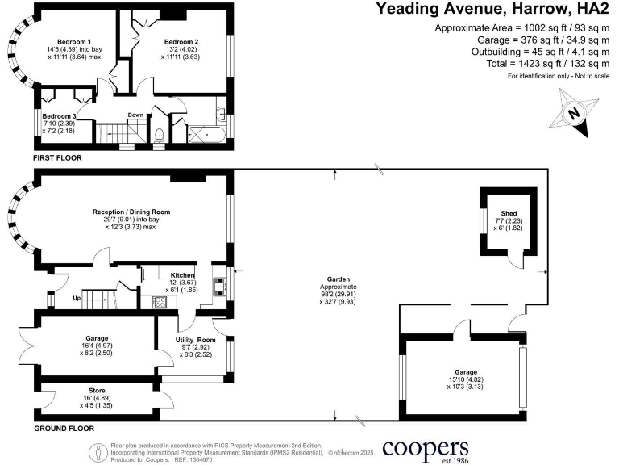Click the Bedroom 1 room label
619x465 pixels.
[x=73, y=41]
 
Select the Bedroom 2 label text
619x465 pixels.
[x=181, y=41]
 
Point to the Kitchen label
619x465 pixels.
[x=183, y=275]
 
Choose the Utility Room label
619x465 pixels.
[x=196, y=341]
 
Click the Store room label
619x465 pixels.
[x=98, y=390]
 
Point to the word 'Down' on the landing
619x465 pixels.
[x=135, y=115]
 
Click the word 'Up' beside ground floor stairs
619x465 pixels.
[x=77, y=298]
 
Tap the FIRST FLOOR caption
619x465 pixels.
[x=59, y=158]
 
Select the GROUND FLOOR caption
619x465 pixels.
[x=64, y=429]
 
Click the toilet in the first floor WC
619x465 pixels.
[x=160, y=134]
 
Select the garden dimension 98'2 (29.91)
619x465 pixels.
[x=336, y=295]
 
